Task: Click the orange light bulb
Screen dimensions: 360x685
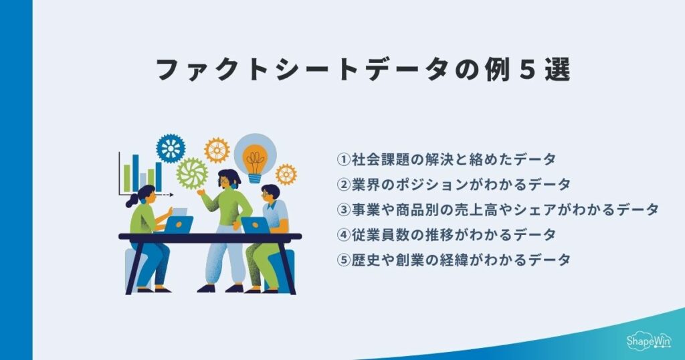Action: [254, 161]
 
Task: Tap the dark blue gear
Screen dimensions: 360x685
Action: [171, 148]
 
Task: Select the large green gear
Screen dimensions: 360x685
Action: [192, 173]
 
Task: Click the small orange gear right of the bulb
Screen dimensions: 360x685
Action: [286, 174]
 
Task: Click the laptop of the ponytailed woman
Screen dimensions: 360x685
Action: [178, 224]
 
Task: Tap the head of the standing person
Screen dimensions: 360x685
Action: [229, 179]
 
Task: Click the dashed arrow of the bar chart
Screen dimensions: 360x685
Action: [164, 195]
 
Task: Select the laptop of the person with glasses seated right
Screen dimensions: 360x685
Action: [255, 225]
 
